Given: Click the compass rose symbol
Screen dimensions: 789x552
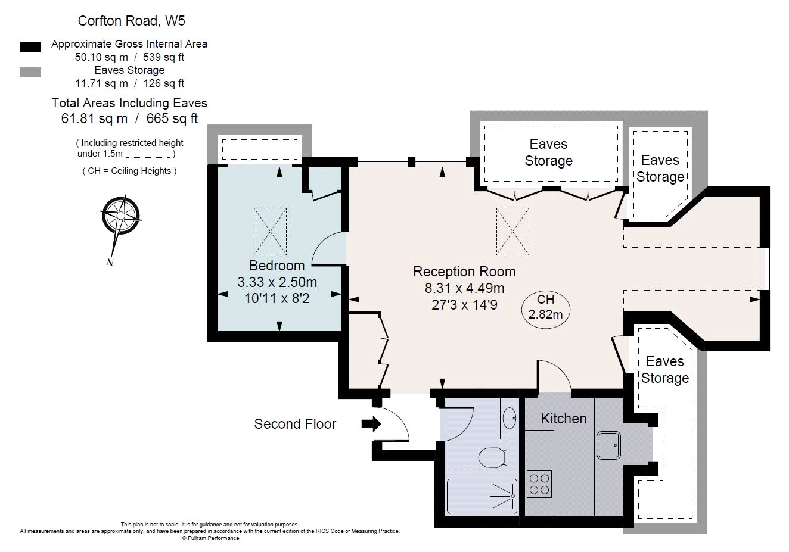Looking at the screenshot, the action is [120, 216].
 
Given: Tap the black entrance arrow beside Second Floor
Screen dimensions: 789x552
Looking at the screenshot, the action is [371, 424].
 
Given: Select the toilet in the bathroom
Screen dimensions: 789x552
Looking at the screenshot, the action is [492, 457].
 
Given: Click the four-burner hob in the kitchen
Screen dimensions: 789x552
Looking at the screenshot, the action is [539, 484].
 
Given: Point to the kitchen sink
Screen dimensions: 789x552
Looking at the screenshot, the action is [608, 445].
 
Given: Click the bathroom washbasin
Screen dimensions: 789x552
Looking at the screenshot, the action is [510, 418].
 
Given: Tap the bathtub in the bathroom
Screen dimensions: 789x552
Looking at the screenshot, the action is [482, 495].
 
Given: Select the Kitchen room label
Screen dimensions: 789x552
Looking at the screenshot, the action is [564, 419].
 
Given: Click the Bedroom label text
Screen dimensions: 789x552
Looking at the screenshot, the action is [277, 266].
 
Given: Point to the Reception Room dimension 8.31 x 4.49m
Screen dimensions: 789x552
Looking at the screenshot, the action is [464, 288].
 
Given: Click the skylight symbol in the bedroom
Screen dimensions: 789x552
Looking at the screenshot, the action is [270, 231].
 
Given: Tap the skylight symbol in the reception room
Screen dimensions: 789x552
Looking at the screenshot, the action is [512, 231].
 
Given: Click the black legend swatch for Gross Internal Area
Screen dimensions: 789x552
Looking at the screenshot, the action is [30, 46].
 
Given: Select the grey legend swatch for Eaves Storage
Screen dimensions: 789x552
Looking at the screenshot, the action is [30, 72].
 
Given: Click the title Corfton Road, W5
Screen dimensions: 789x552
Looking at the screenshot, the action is [131, 21].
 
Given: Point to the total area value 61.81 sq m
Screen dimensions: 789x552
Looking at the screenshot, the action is [94, 118].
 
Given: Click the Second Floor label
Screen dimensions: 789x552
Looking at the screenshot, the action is [295, 424].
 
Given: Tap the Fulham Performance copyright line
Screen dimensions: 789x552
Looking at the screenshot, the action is [210, 538].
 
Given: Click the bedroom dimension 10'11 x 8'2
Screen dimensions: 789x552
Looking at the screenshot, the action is [277, 298].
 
